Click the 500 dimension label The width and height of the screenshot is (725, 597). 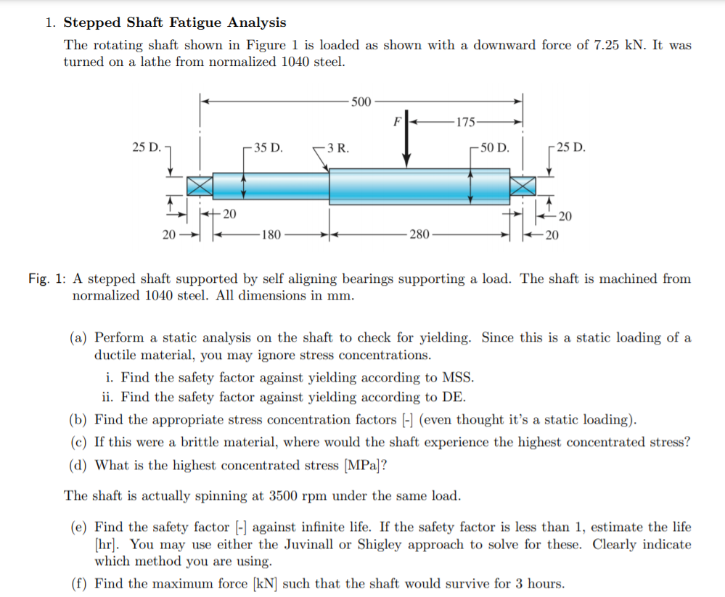[x=361, y=101]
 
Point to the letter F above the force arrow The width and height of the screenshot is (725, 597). [x=396, y=120]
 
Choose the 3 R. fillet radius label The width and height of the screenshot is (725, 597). [x=337, y=148]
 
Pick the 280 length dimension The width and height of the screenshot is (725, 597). [x=419, y=234]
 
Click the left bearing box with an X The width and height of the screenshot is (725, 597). [x=200, y=186]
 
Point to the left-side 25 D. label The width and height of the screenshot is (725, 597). [x=147, y=148]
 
